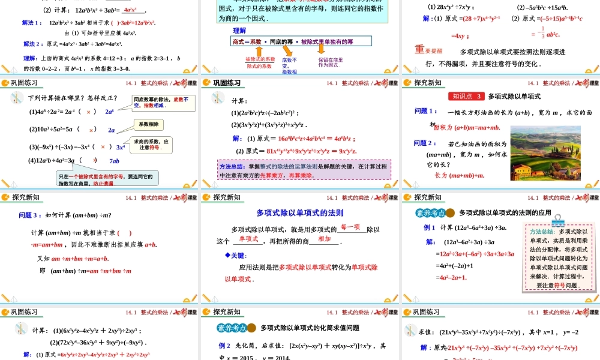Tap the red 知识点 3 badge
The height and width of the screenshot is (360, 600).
(x=466, y=96)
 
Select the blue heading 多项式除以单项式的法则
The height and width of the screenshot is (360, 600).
(x=299, y=212)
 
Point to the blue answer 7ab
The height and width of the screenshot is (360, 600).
(x=114, y=161)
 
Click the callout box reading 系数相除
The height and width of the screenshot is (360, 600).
(x=148, y=124)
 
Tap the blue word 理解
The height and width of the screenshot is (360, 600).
(x=239, y=30)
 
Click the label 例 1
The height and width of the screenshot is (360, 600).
(x=430, y=227)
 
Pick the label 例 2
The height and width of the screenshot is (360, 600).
(x=224, y=346)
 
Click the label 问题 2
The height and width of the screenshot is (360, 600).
(x=425, y=143)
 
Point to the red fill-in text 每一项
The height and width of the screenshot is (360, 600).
(x=350, y=227)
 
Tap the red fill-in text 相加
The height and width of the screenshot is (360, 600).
(x=324, y=239)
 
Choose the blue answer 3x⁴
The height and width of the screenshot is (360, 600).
(x=121, y=147)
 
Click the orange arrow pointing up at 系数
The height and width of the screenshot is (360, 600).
(x=259, y=52)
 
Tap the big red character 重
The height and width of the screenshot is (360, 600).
(x=420, y=49)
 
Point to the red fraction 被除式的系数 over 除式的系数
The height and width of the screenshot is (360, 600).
(x=260, y=62)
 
